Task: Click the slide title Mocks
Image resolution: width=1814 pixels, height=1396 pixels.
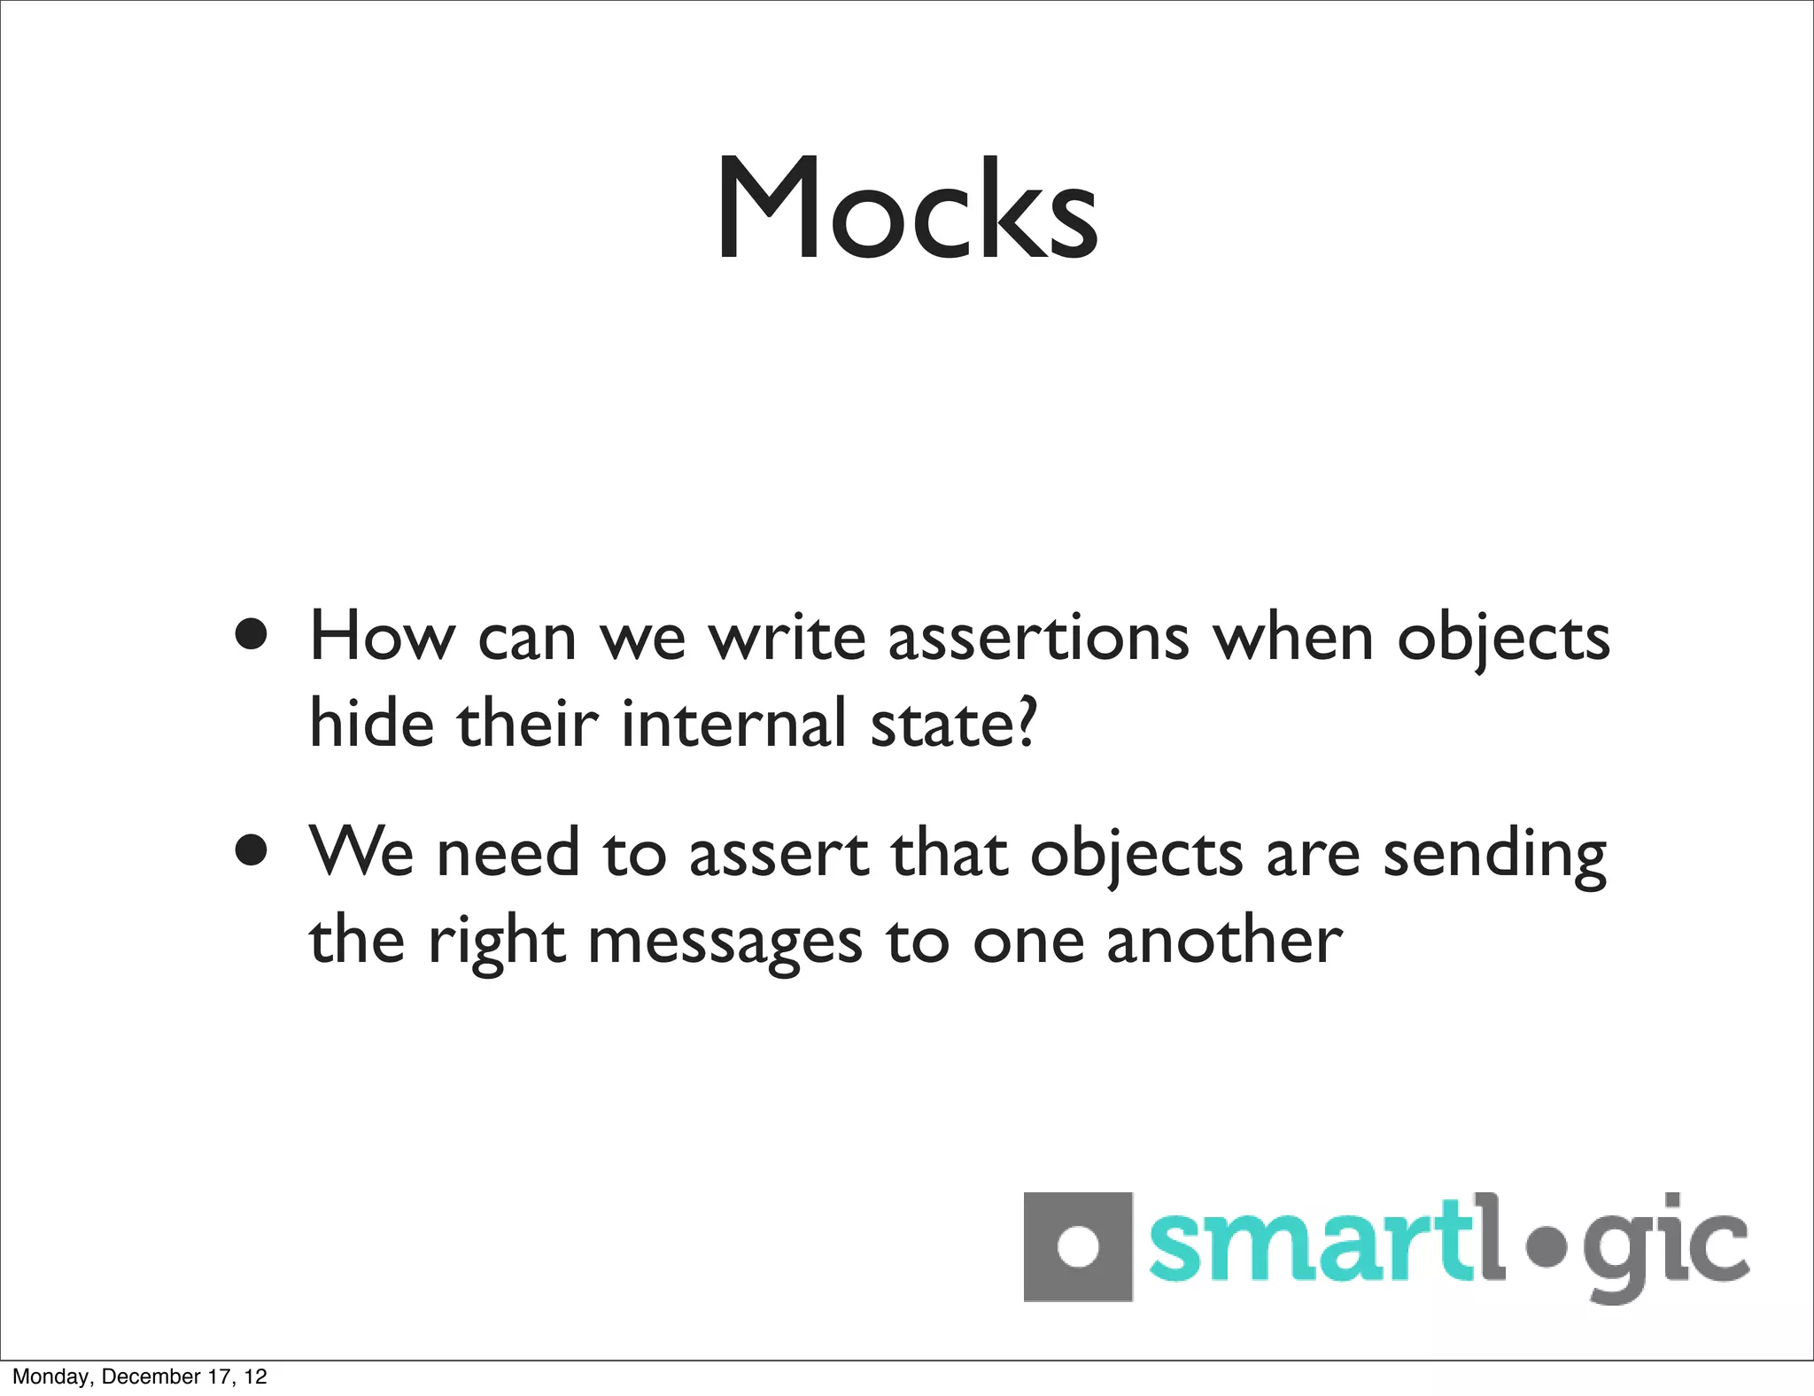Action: tap(907, 209)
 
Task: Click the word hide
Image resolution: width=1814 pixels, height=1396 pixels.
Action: tap(371, 722)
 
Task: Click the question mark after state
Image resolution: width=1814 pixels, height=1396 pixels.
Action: tap(1025, 720)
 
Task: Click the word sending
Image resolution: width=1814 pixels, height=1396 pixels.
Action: tap(1494, 855)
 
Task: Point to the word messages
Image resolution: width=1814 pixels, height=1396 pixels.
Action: tap(725, 942)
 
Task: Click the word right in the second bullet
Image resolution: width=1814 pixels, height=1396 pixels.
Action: tap(496, 942)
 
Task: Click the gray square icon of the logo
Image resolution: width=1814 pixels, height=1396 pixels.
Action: tap(1078, 1246)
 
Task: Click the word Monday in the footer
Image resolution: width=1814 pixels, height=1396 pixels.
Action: tap(50, 1377)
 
